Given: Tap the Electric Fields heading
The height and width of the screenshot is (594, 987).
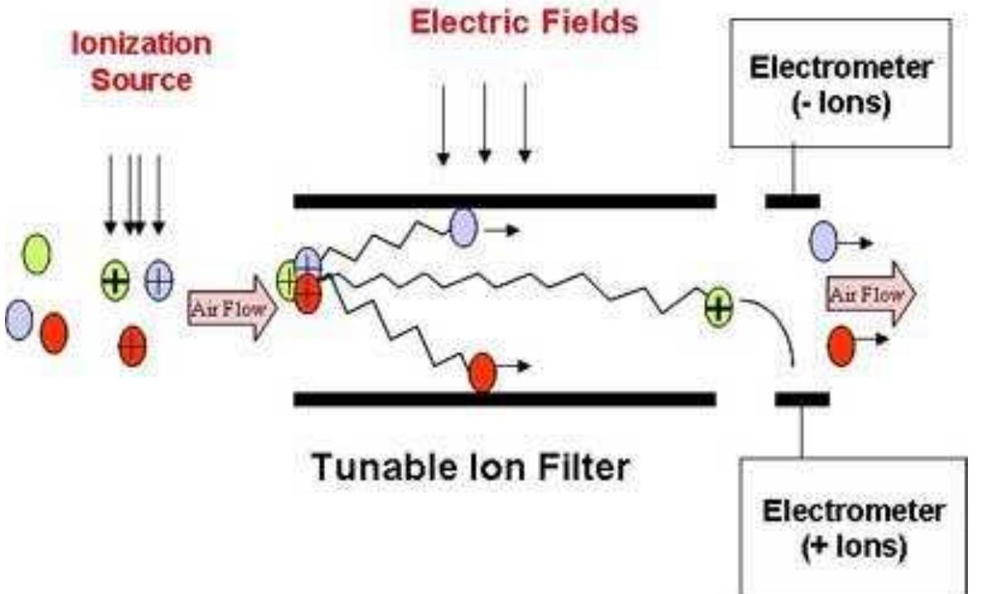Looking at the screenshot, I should click(525, 22).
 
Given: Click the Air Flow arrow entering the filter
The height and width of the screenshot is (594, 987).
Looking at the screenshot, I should click(232, 309).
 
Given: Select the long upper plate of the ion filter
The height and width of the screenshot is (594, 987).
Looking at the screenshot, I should click(505, 201).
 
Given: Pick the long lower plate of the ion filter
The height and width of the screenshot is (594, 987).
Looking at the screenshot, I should click(505, 400).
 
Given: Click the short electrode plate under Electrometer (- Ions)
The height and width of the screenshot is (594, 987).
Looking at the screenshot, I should click(792, 201).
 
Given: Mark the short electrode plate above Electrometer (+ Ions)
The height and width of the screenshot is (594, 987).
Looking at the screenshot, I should click(802, 400).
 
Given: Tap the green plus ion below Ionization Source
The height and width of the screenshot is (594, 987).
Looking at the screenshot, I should click(116, 281).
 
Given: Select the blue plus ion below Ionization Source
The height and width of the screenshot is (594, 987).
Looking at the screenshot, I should click(159, 281).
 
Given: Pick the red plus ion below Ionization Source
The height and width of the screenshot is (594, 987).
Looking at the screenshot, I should click(132, 346).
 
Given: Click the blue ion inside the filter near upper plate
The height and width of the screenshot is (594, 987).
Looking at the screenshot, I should click(463, 228).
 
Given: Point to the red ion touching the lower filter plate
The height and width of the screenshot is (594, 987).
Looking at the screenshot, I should click(482, 372).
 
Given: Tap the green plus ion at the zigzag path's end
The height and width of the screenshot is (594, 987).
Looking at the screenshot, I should click(718, 309).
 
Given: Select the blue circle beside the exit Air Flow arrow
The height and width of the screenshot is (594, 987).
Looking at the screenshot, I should click(824, 242).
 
